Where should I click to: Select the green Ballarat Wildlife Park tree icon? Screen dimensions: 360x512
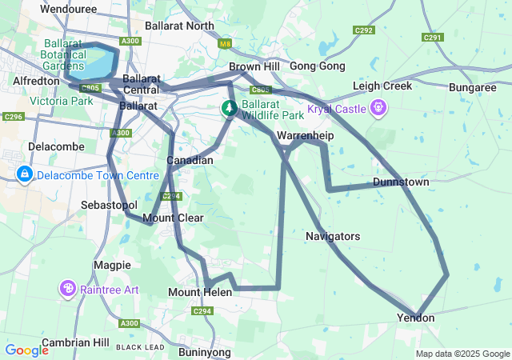click(229, 107)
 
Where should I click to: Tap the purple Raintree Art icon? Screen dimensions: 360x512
click(67, 288)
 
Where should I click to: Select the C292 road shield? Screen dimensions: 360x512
click(364, 30)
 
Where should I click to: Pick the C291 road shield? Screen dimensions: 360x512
click(433, 37)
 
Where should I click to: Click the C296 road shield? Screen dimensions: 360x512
click(12, 117)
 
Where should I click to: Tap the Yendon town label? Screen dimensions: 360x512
click(415, 318)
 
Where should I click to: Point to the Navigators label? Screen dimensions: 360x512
click(333, 237)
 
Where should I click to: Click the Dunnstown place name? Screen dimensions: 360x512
click(401, 182)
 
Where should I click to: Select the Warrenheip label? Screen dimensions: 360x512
click(305, 136)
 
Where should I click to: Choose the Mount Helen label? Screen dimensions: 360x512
click(200, 293)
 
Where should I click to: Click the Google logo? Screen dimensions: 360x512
click(26, 350)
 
